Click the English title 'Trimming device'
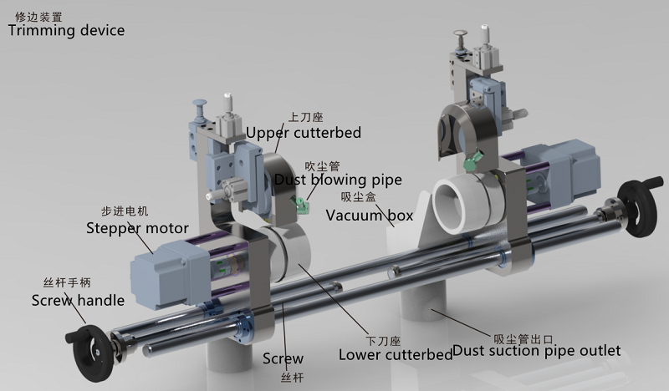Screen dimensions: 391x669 [66, 31]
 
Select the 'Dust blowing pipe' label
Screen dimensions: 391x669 [339, 180]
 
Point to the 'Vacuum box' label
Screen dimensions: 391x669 [370, 216]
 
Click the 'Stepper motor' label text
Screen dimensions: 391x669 [137, 227]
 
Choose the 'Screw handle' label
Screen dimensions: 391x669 [78, 300]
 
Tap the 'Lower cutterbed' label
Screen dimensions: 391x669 [395, 354]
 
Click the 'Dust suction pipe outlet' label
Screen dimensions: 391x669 [536, 351]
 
